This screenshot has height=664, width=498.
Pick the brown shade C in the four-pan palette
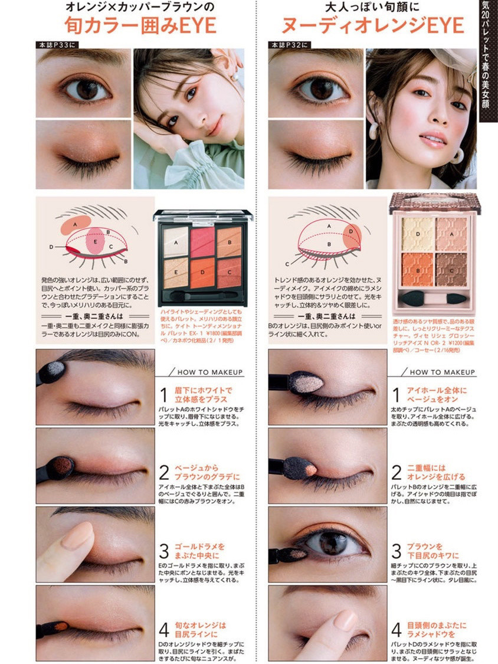pos(450,269)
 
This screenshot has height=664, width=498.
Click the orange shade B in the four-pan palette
pos(418,269)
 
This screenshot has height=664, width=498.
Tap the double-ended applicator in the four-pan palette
pos(435,297)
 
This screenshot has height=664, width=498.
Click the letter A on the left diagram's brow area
pos(76,224)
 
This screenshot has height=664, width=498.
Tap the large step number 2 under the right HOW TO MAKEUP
pos(397,472)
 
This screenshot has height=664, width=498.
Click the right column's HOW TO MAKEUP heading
pos(442,372)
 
